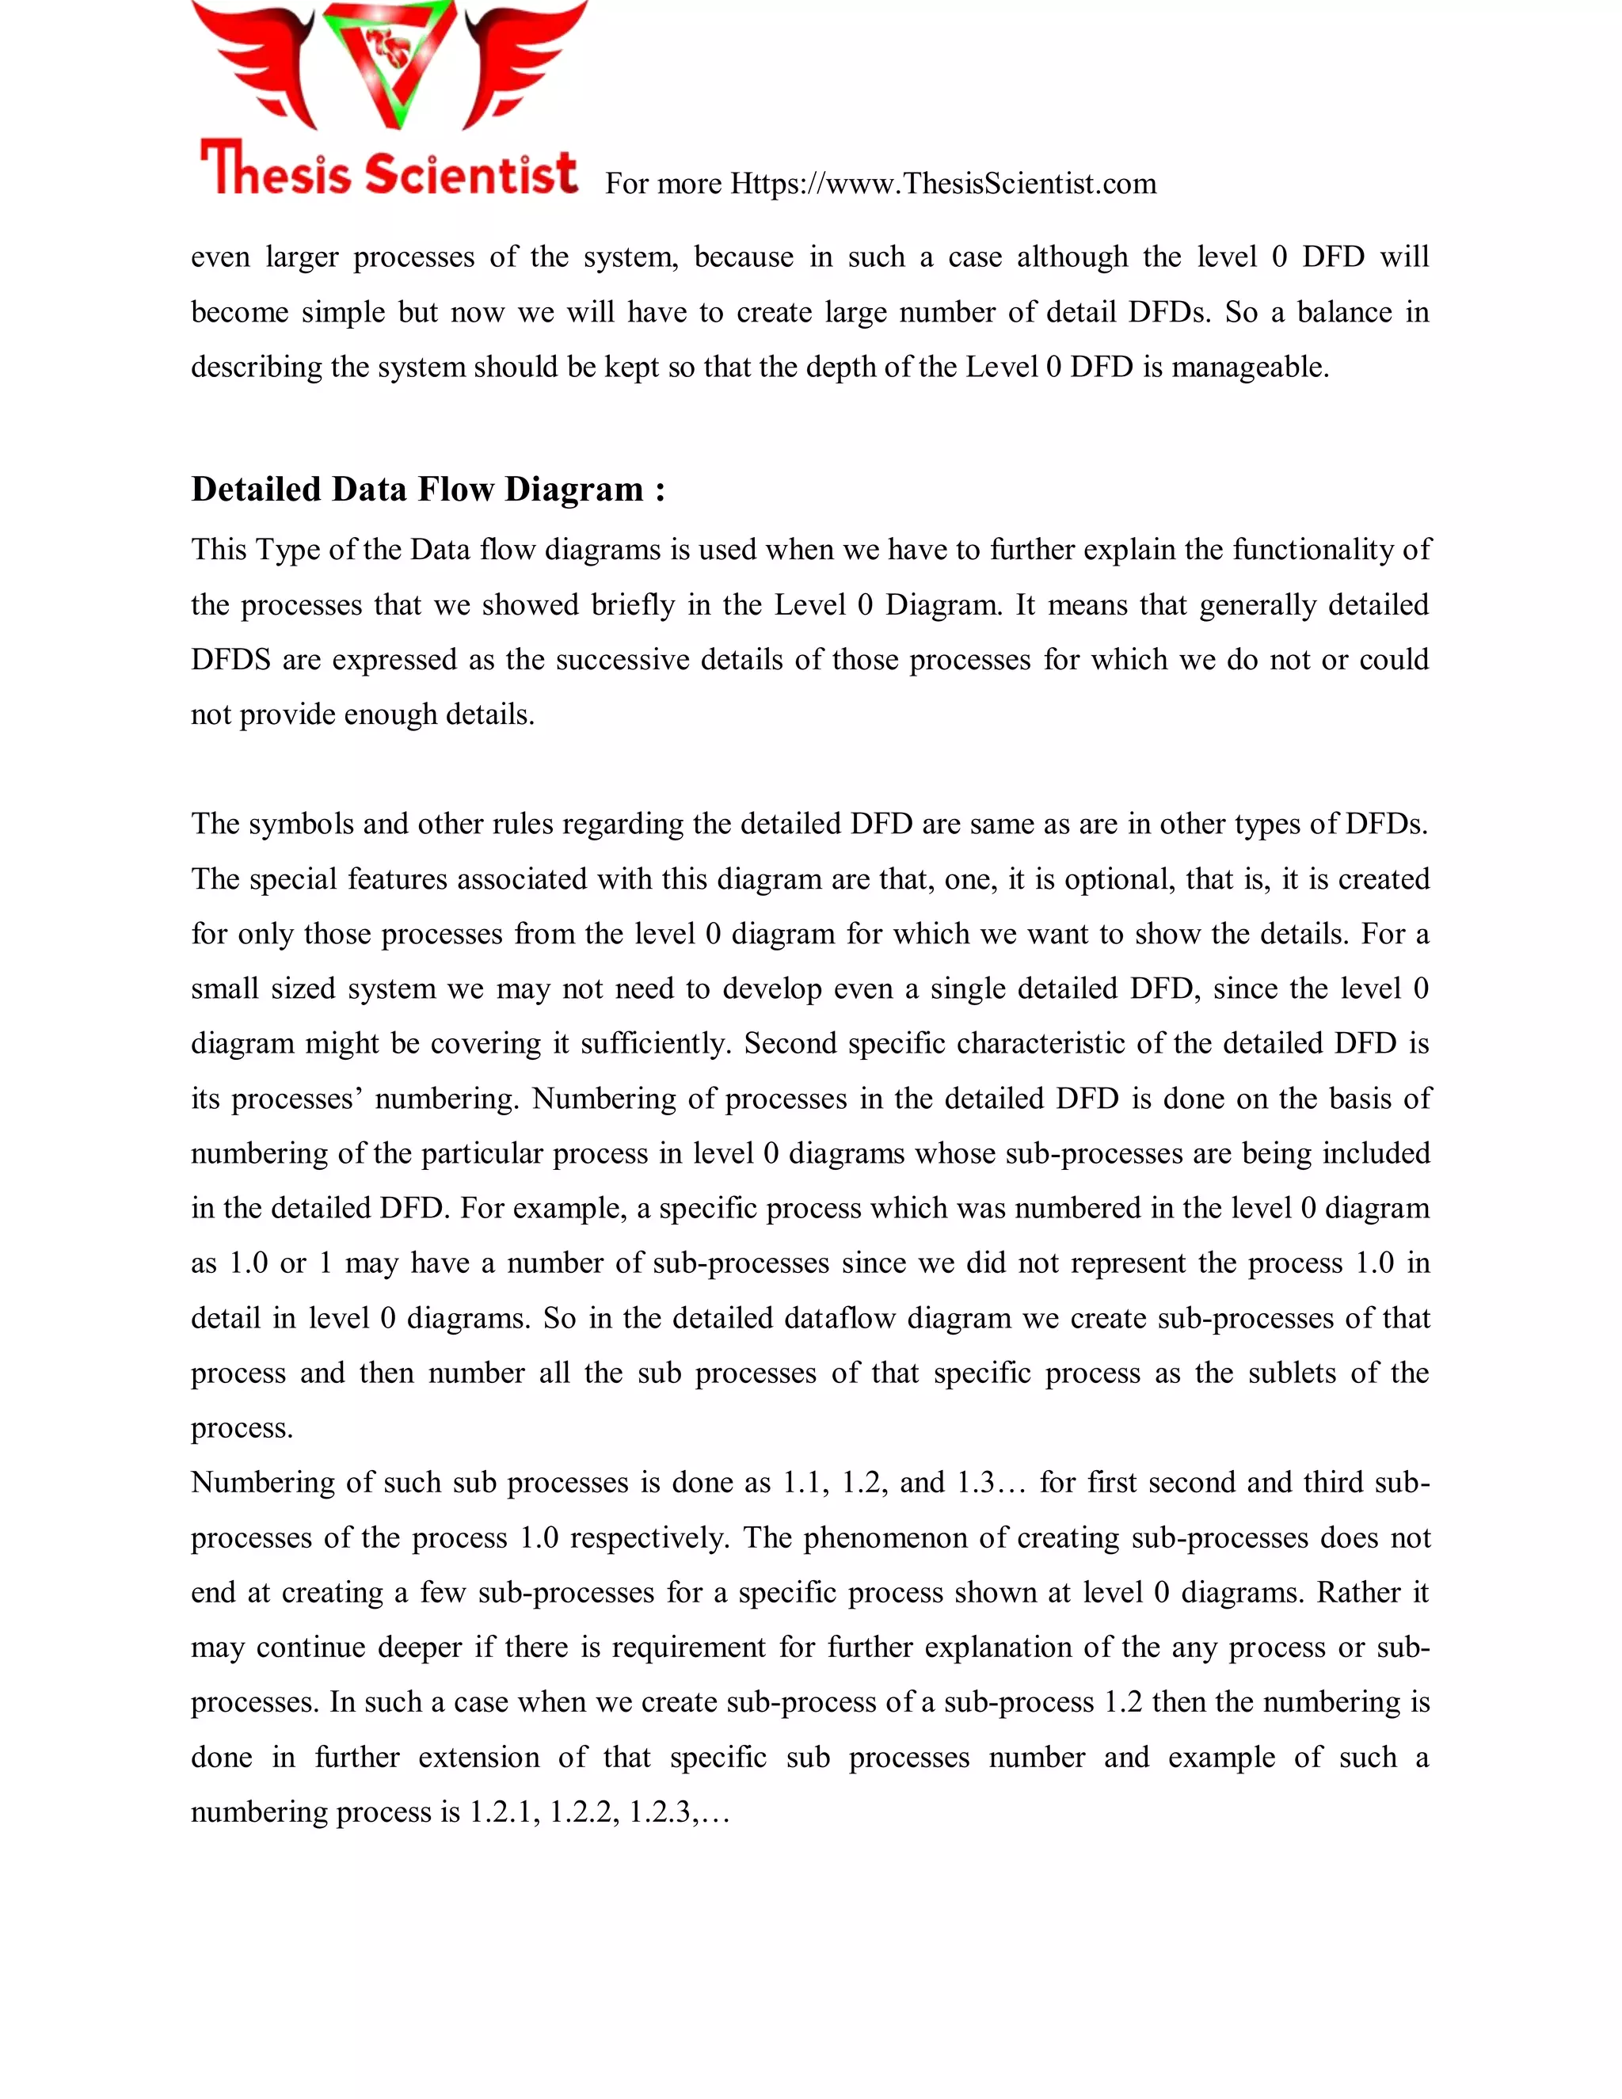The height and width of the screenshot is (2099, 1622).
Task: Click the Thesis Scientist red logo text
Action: tap(388, 171)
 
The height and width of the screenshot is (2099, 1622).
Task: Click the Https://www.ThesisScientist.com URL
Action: tap(942, 184)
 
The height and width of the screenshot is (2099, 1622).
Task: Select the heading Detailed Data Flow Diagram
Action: tap(428, 490)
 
